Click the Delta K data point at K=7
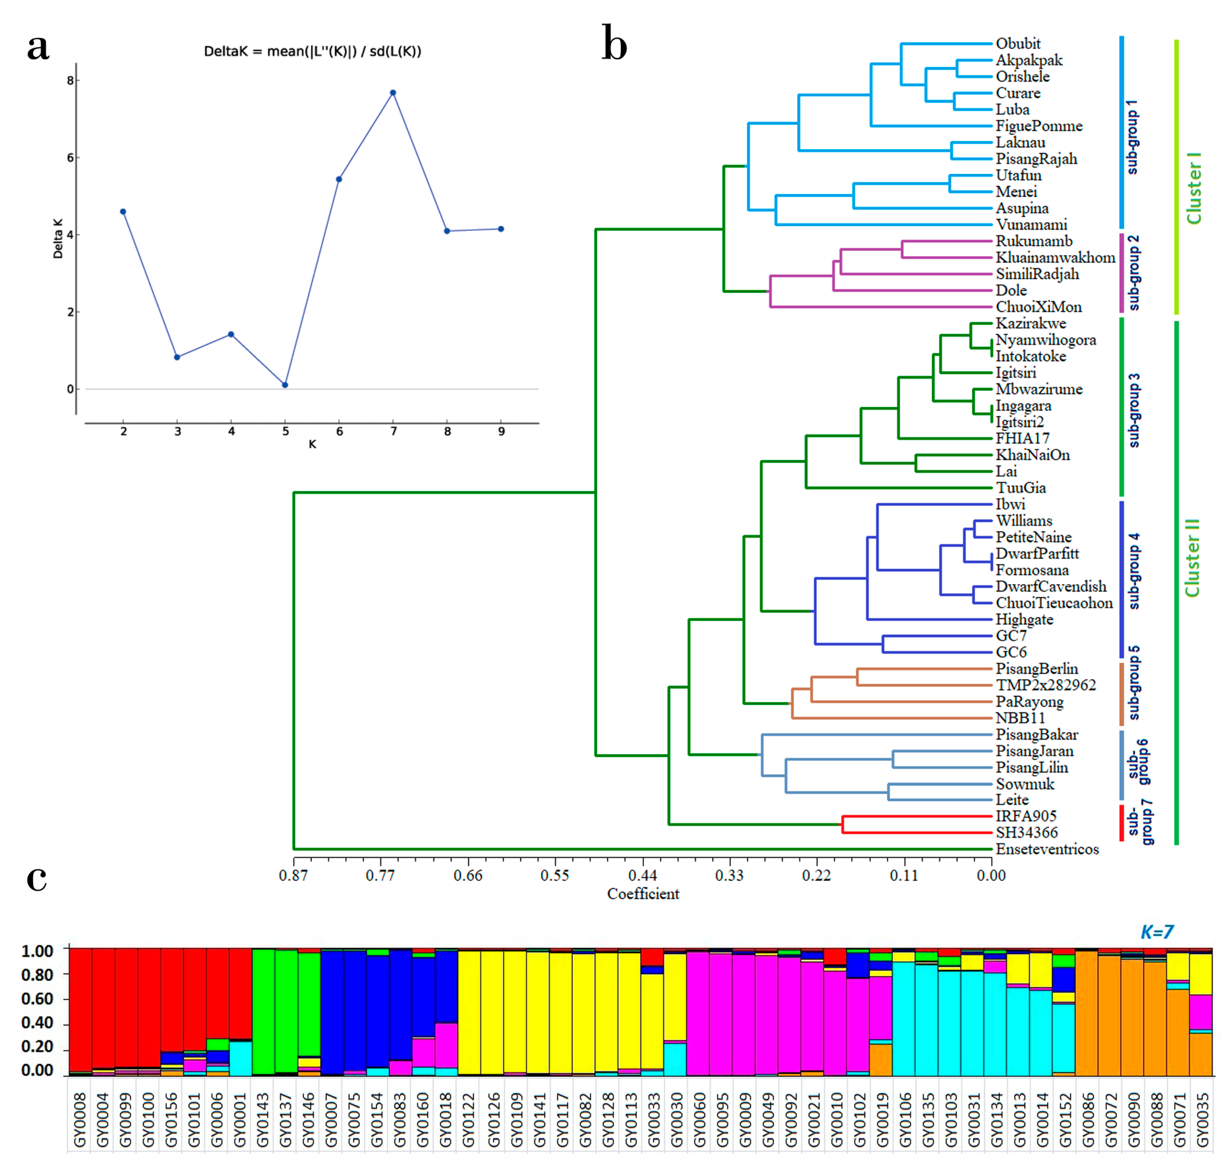pyautogui.click(x=393, y=93)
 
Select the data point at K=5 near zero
pyautogui.click(x=285, y=385)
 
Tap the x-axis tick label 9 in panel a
pyautogui.click(x=501, y=431)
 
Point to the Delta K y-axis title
pyautogui.click(x=58, y=239)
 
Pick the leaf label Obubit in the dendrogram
pyautogui.click(x=1018, y=44)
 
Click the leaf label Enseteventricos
pyautogui.click(x=1047, y=849)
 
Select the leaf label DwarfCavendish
pyautogui.click(x=1051, y=586)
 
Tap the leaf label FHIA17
pyautogui.click(x=1022, y=439)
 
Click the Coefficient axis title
pyautogui.click(x=643, y=894)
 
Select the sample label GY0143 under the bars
pyautogui.click(x=263, y=1120)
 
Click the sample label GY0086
pyautogui.click(x=1088, y=1120)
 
